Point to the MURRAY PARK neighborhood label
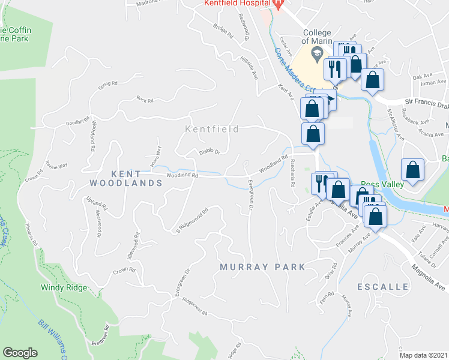tap(262, 266)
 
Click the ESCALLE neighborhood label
tap(383, 287)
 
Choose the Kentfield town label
tap(212, 129)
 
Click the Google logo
tap(20, 353)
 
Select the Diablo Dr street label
tap(210, 152)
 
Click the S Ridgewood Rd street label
tap(191, 220)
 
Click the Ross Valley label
tap(379, 185)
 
